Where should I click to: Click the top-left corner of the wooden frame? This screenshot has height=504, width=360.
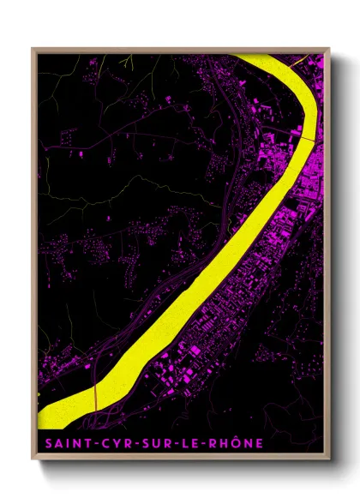point(33,48)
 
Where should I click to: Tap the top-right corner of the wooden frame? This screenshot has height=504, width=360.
point(330,48)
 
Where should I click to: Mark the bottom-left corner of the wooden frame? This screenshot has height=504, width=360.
point(33,461)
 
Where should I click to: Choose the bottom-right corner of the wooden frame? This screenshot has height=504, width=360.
point(330,461)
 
